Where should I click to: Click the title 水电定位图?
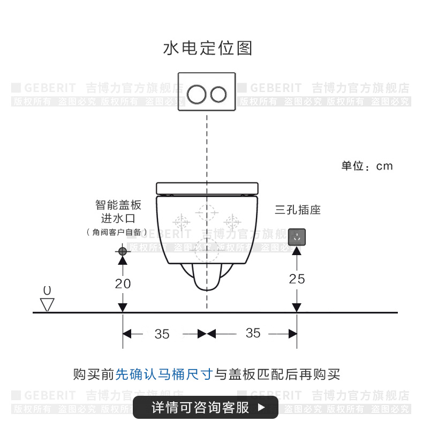pyautogui.click(x=207, y=48)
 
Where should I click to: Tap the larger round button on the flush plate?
pyautogui.click(x=197, y=94)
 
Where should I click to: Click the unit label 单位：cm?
pyautogui.click(x=367, y=166)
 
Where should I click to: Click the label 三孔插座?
pyautogui.click(x=297, y=210)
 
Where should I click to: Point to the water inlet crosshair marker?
pyautogui.click(x=123, y=250)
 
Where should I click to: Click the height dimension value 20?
pyautogui.click(x=123, y=283)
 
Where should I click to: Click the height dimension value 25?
pyautogui.click(x=297, y=279)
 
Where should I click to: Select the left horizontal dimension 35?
pyautogui.click(x=162, y=334)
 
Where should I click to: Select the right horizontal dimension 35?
pyautogui.click(x=253, y=333)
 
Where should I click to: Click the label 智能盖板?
pyautogui.click(x=118, y=205)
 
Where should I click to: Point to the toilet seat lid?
pyautogui.click(x=207, y=188)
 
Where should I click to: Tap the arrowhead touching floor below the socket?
pyautogui.click(x=296, y=308)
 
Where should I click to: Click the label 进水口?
pyautogui.click(x=118, y=218)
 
